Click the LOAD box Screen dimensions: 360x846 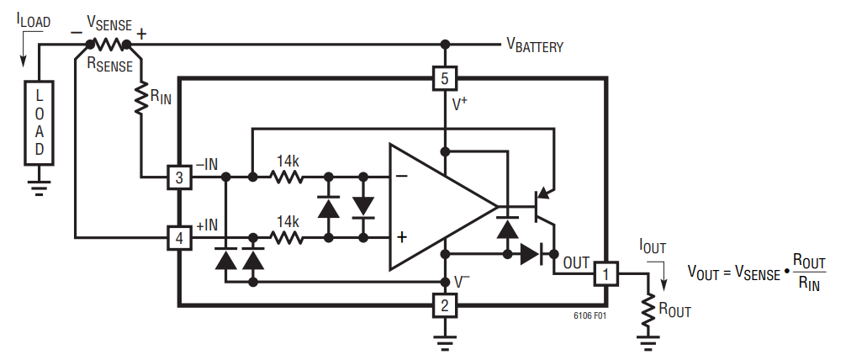tap(39, 123)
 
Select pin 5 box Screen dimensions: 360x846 tap(444, 79)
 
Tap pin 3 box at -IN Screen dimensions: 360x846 tap(179, 177)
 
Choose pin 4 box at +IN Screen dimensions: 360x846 tap(179, 239)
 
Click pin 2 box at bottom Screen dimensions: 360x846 tap(444, 304)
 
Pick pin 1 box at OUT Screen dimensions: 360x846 tap(606, 273)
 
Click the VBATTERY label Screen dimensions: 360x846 tap(534, 46)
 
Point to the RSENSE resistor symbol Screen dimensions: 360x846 tap(108, 44)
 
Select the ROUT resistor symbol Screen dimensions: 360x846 tap(648, 311)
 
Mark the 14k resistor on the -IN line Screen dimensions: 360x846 tap(286, 177)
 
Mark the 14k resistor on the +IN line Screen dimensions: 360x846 tap(286, 239)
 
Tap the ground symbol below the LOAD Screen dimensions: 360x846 tap(39, 188)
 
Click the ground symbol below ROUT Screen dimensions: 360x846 tap(648, 341)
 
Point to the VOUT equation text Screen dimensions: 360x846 tap(756, 272)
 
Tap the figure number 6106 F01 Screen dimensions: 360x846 tap(590, 317)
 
